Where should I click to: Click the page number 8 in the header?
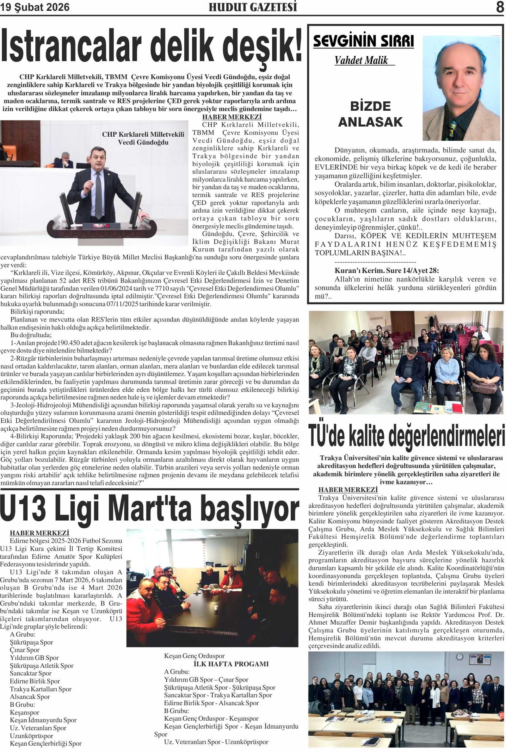(x=500, y=7)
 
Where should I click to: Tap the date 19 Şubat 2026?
(x=35, y=7)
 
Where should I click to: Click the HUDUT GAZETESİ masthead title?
(x=253, y=7)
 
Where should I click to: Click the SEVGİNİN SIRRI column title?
(x=363, y=41)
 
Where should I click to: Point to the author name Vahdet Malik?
(x=361, y=60)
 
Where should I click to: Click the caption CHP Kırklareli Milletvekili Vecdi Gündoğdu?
(x=143, y=138)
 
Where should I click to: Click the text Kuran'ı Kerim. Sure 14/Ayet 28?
(x=386, y=271)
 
